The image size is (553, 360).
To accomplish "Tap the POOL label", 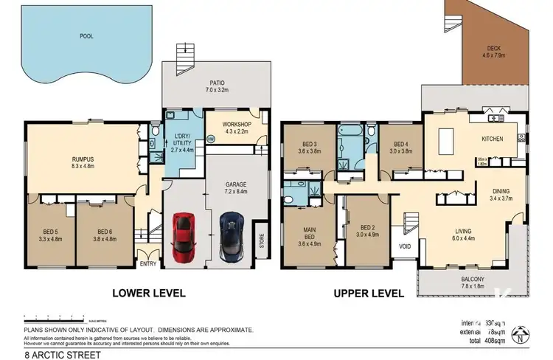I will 88,35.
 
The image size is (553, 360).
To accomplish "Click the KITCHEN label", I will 492,138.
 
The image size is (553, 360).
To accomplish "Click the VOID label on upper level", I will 405,247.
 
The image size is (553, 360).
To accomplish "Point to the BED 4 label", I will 400,144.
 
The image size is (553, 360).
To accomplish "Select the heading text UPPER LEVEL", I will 369,293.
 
